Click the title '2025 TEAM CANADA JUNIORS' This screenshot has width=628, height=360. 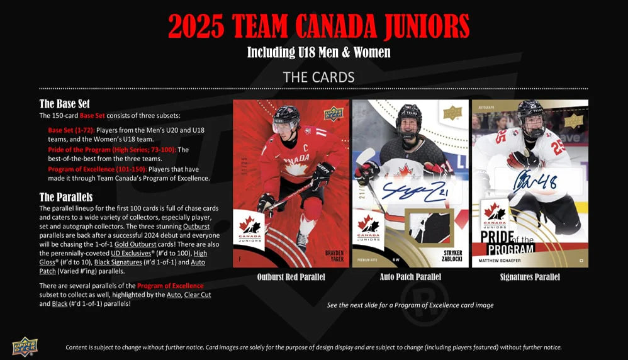click(x=318, y=26)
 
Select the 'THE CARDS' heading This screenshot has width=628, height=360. click(x=318, y=77)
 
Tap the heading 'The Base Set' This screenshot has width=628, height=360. click(x=69, y=104)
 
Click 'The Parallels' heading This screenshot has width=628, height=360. click(x=66, y=197)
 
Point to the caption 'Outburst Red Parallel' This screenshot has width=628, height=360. click(x=290, y=277)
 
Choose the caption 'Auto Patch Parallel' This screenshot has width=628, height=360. click(x=410, y=277)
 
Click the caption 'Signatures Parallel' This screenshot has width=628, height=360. click(x=530, y=277)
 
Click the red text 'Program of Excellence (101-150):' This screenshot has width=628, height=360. click(x=97, y=169)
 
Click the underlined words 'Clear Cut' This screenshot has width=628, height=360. click(x=197, y=295)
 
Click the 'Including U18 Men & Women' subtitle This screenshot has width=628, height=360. click(x=318, y=52)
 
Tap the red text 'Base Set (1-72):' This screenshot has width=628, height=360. click(x=71, y=130)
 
